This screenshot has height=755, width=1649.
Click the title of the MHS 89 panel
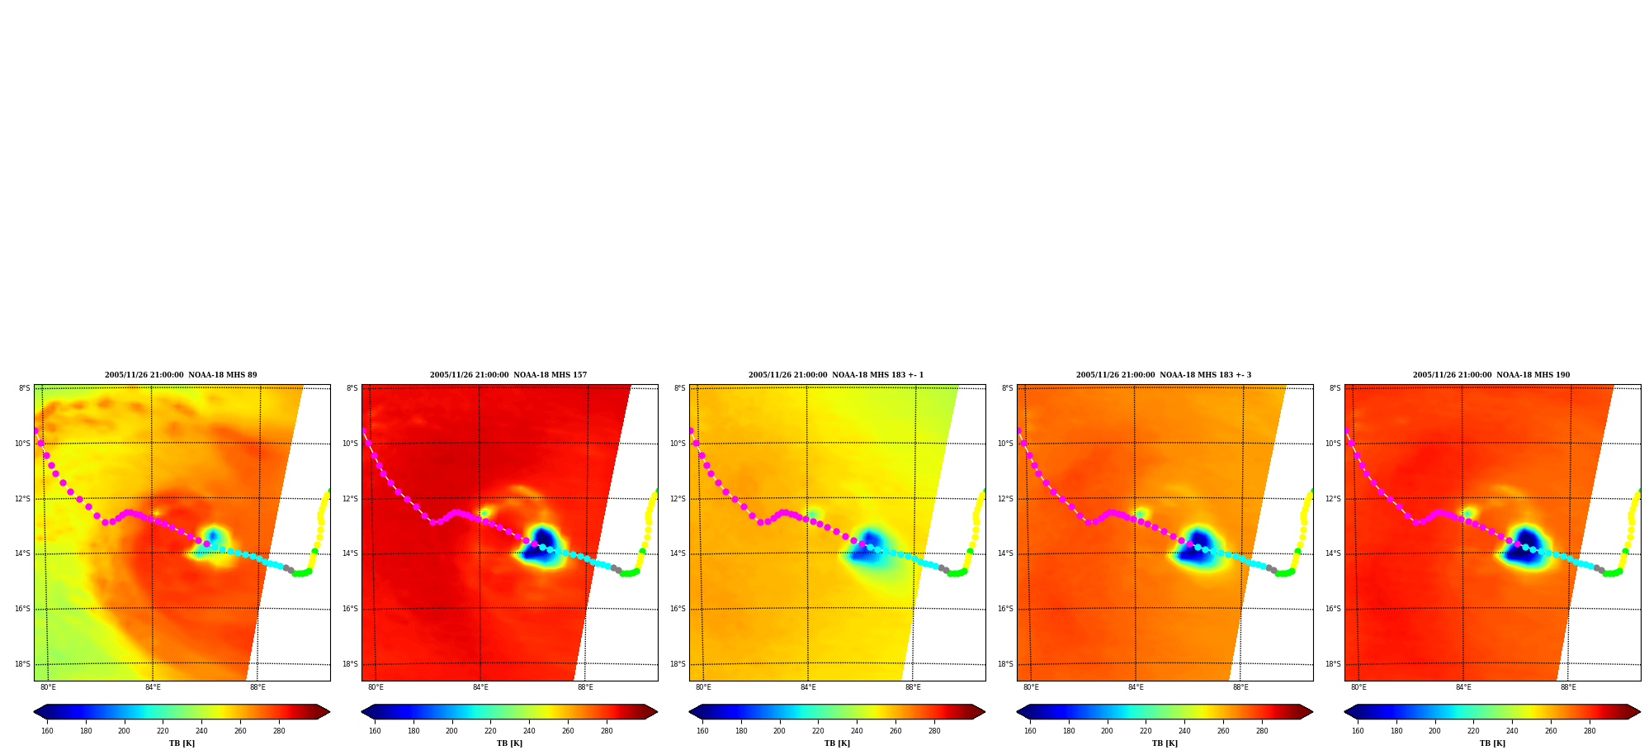click(x=181, y=375)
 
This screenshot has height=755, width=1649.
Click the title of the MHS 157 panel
click(x=508, y=375)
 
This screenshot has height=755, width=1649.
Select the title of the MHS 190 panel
click(x=1491, y=375)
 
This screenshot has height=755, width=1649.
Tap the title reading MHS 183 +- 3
click(x=1164, y=375)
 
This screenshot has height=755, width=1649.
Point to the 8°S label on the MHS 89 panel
click(x=25, y=388)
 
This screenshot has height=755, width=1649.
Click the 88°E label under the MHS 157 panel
click(x=585, y=687)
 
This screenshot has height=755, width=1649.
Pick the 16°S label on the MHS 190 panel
click(x=1333, y=609)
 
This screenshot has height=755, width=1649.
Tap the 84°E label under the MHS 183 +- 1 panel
click(x=808, y=687)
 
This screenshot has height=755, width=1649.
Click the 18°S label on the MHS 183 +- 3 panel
click(x=1005, y=664)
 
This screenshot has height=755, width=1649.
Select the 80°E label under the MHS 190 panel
click(x=1358, y=687)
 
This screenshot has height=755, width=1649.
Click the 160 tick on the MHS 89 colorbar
click(x=47, y=731)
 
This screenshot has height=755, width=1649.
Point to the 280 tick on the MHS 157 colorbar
click(x=607, y=731)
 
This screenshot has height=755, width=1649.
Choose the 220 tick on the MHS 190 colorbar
click(x=1473, y=731)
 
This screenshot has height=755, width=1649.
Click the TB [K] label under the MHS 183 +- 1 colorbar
click(x=837, y=743)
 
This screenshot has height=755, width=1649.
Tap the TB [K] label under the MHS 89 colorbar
click(x=182, y=743)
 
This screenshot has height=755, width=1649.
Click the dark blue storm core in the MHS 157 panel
click(x=541, y=546)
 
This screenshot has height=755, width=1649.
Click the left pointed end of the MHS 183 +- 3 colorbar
click(x=1017, y=712)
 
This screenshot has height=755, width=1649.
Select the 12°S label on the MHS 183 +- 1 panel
click(x=678, y=499)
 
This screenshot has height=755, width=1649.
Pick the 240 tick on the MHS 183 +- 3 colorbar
click(x=1184, y=731)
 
